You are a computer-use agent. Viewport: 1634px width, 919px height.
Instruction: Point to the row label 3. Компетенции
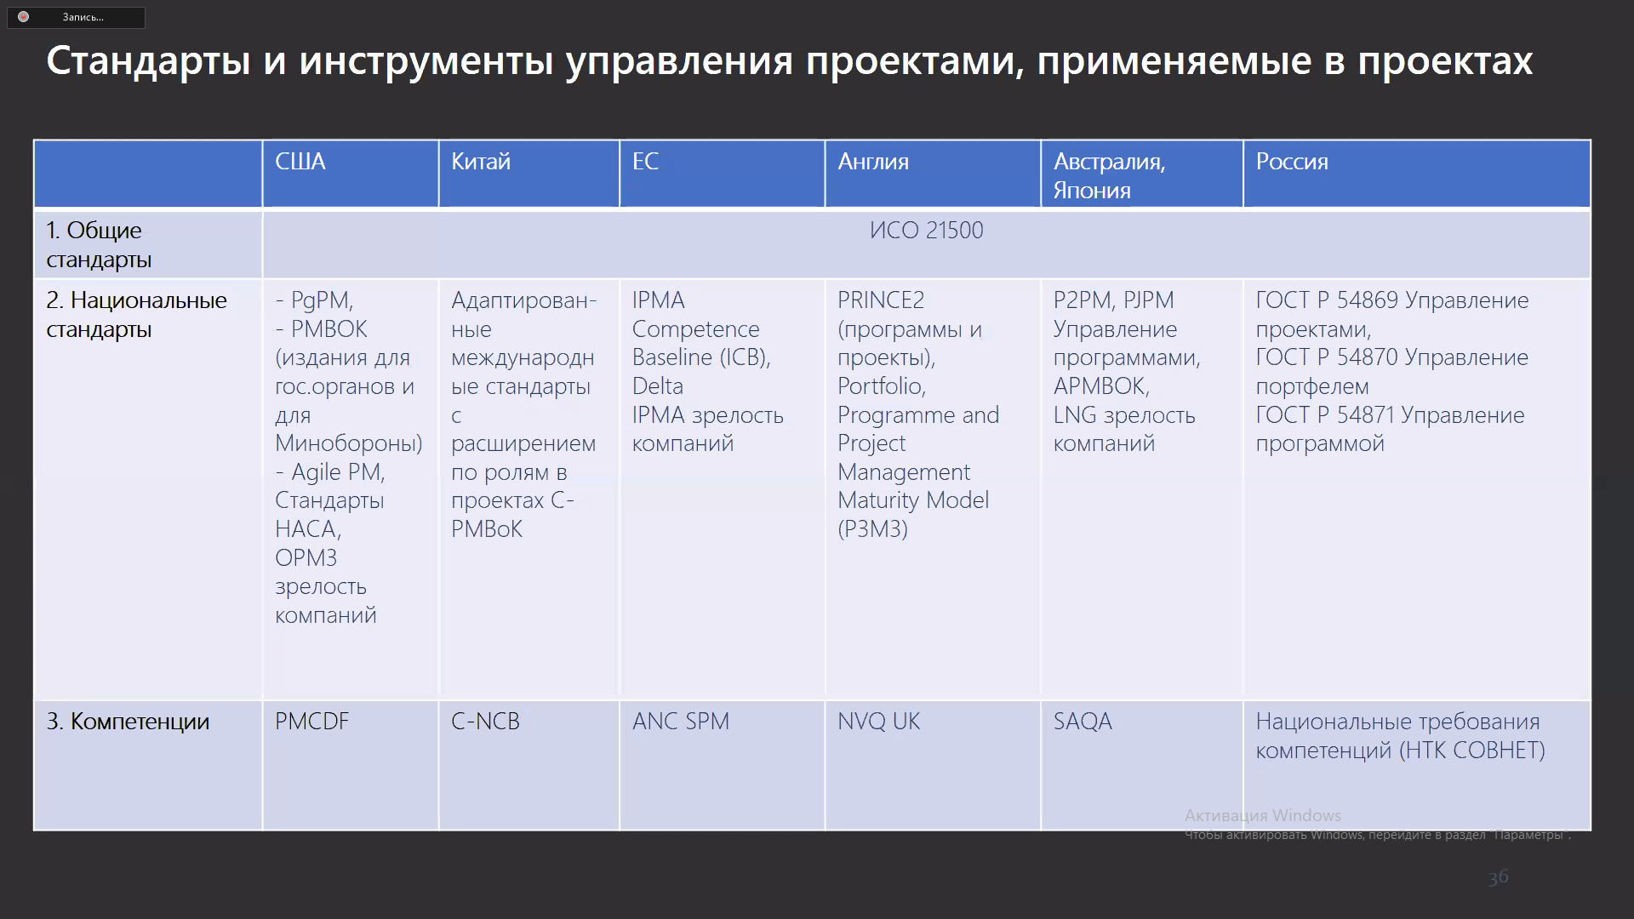tap(128, 722)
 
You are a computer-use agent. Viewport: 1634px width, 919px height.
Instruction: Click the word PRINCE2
tap(881, 300)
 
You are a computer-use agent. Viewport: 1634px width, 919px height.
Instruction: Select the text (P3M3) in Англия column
tap(872, 529)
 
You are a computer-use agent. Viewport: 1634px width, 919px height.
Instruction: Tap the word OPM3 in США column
tap(306, 558)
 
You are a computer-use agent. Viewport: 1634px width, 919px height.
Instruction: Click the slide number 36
tap(1499, 877)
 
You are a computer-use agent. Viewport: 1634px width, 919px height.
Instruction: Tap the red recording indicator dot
tap(23, 17)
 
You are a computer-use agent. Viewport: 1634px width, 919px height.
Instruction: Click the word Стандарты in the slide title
tap(148, 61)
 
